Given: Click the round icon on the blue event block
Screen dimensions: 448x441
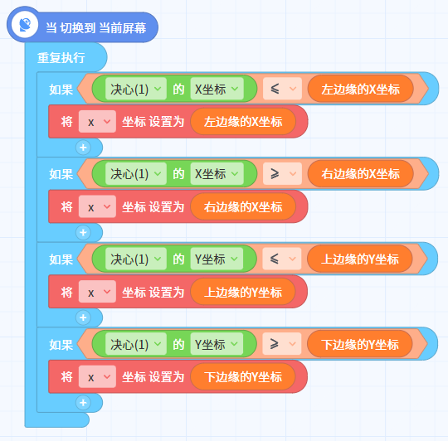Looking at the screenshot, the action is tap(25, 25).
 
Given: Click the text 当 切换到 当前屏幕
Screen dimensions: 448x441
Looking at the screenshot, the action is tap(96, 28).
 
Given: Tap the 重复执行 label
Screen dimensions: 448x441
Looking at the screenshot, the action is tap(61, 58).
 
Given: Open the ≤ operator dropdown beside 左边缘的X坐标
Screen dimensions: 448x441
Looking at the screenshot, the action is tap(282, 89).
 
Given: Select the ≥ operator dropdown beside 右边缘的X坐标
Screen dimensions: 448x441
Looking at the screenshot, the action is tap(282, 173).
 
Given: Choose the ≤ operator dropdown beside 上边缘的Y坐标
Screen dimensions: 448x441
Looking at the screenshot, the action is tap(282, 259).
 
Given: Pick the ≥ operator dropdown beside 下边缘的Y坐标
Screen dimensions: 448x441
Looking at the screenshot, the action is tap(282, 344).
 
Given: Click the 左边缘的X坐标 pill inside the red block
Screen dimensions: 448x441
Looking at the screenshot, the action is tap(243, 122).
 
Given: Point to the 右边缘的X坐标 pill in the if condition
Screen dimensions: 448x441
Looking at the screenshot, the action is tap(360, 173).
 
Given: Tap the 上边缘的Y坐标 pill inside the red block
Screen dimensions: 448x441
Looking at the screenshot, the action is tap(243, 292).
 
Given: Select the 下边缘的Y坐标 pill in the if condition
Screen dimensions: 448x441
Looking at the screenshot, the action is tap(360, 344).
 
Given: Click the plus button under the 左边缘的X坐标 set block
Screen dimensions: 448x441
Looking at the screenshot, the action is tap(83, 148).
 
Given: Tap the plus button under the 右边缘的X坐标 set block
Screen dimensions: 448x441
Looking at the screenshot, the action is tap(83, 232).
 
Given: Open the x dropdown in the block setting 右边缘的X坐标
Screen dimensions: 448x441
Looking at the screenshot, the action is tap(97, 206).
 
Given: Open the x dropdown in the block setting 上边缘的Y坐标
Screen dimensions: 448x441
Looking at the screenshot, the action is tap(97, 292).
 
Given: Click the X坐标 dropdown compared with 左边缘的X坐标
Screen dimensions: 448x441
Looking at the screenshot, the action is tap(217, 89).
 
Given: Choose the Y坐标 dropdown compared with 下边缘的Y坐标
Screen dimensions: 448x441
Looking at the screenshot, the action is tap(217, 344).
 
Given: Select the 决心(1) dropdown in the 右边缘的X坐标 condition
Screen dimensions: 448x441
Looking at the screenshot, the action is tap(136, 173).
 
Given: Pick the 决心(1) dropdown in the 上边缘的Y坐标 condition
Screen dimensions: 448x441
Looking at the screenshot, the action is tap(136, 259).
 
